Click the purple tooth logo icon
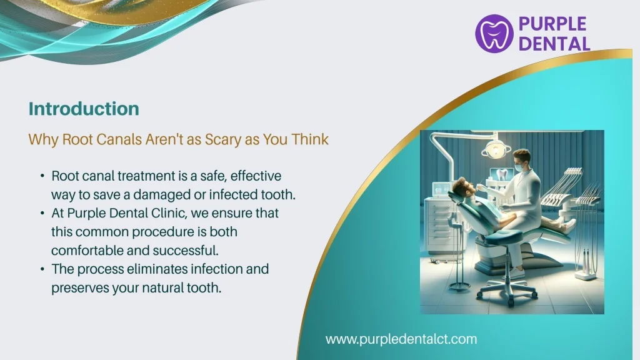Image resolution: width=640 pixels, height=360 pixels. coord(494,33)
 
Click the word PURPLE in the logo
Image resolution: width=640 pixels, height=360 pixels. coord(552,24)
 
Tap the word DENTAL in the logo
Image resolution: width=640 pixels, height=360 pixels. coord(554,43)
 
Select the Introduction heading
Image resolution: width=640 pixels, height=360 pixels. coord(84,109)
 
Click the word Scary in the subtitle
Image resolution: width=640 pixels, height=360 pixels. coord(222,139)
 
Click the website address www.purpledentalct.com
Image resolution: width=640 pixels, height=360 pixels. coord(401,339)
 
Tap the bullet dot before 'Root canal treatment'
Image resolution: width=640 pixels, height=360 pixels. coord(41,176)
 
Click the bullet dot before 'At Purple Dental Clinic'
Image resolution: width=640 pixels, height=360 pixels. coord(41,214)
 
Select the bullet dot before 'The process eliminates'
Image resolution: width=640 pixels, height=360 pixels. coord(41,270)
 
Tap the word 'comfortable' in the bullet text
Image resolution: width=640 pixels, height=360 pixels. coord(86,251)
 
